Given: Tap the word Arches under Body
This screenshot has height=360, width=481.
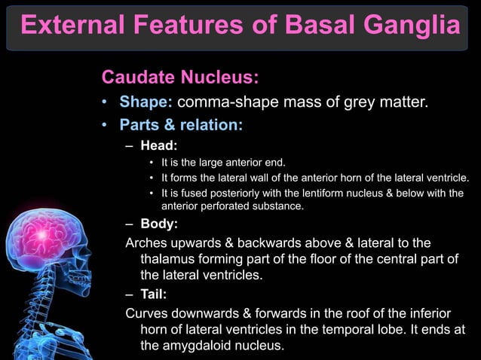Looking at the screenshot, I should (x=147, y=242).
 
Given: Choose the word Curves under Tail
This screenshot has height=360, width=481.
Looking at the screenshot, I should (x=148, y=313).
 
